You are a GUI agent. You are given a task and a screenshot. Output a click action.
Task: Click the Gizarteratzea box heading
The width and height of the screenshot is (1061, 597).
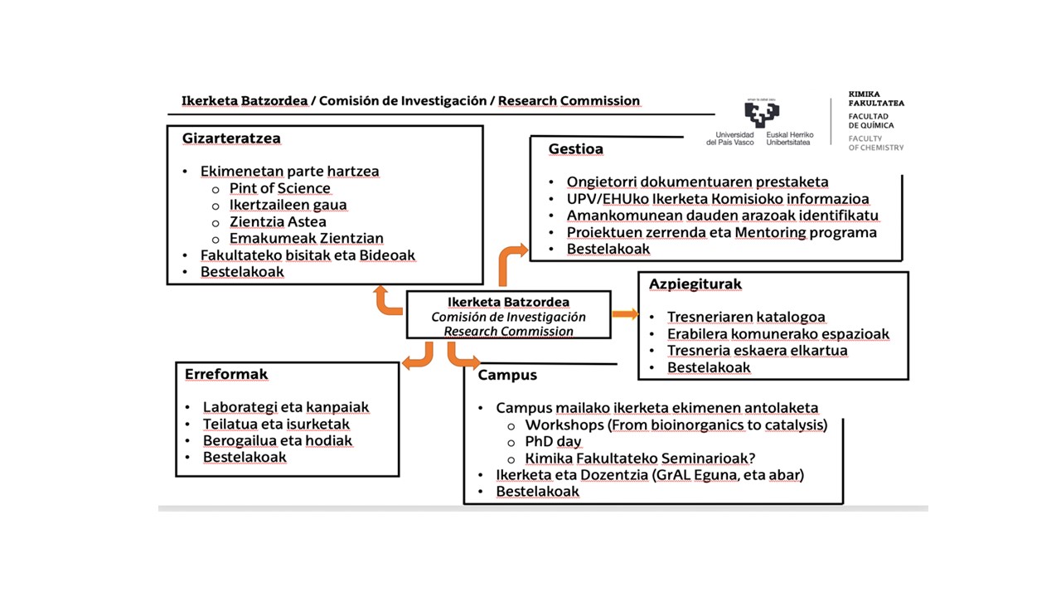point(231,138)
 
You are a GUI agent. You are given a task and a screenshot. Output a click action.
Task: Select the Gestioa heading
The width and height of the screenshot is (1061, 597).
point(575,149)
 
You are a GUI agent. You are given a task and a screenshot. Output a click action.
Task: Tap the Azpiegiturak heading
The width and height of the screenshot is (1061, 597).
point(695,284)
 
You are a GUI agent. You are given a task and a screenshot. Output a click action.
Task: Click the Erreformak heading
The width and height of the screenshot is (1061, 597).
point(226,374)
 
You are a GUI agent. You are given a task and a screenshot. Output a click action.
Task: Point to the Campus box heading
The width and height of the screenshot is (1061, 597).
point(507,375)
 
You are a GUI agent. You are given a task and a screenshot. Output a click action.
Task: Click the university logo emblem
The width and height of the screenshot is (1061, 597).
point(762,114)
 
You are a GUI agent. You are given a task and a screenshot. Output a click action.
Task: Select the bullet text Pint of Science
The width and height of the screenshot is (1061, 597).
point(280,188)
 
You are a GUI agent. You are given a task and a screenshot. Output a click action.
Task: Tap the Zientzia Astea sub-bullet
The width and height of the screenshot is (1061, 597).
point(278,221)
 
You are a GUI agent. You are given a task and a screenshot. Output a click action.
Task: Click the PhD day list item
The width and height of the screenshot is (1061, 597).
point(553,441)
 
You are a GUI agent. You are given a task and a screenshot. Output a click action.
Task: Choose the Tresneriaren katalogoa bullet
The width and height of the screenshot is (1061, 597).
point(746,317)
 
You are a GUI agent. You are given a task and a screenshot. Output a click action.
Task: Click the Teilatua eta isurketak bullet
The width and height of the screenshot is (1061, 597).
point(276,424)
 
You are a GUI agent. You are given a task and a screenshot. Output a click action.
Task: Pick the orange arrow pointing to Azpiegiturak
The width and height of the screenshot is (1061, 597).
point(625,313)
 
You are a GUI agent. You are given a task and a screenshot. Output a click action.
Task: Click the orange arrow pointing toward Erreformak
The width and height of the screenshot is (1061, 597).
point(418,357)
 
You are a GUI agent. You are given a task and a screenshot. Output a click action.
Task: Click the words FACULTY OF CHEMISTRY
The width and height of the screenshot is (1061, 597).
point(875,143)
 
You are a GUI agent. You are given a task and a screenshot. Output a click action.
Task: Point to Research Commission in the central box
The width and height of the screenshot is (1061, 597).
point(508,331)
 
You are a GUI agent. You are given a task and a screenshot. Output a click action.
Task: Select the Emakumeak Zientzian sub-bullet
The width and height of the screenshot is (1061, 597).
point(294,238)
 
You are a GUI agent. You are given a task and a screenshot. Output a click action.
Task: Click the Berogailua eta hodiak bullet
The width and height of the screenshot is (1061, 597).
point(278,440)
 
